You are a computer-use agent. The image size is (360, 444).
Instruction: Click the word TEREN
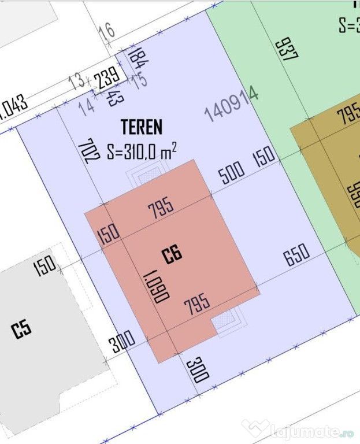point(142,126)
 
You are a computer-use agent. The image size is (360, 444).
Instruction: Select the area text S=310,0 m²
point(142,152)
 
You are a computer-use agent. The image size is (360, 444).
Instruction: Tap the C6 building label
point(172,254)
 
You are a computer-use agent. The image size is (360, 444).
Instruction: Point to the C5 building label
point(21,330)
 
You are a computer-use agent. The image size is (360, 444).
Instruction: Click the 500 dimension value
point(232,172)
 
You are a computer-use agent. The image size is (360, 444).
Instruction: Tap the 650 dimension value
point(297,254)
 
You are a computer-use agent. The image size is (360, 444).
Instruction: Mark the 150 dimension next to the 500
point(265,156)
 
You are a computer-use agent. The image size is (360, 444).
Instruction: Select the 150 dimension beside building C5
point(45,265)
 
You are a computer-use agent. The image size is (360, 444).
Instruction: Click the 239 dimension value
point(108,77)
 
